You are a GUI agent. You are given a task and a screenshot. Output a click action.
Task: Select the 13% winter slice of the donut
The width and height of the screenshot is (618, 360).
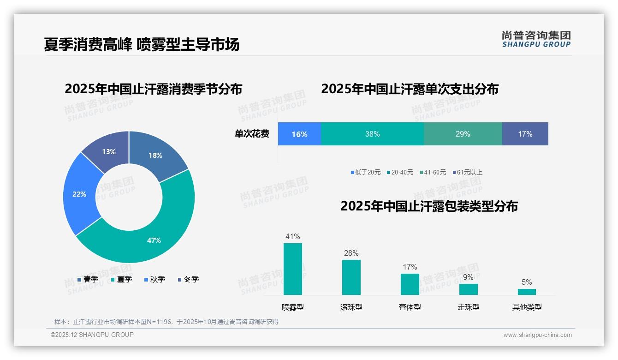tap(108, 151)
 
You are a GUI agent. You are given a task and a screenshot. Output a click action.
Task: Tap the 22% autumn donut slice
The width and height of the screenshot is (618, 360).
tap(79, 194)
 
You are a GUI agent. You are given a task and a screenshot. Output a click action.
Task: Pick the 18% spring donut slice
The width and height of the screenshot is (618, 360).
tap(155, 156)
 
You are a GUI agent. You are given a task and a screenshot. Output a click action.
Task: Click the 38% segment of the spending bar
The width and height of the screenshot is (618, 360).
tap(372, 134)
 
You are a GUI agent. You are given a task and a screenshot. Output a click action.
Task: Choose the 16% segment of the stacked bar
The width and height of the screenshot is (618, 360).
tap(299, 134)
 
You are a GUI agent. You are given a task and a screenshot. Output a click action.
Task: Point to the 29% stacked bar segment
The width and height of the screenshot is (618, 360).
tap(463, 134)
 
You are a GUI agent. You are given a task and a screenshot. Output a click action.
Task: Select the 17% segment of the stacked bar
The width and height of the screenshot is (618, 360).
tap(525, 134)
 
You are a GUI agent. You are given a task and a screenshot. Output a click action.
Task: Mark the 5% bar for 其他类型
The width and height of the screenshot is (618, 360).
tap(527, 292)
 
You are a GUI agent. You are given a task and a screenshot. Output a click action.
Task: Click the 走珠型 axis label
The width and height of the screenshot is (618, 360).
tap(468, 307)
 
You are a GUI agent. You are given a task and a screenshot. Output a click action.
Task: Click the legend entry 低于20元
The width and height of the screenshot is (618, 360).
tap(366, 172)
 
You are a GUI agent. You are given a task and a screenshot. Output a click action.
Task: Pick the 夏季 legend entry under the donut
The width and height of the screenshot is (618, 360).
tap(122, 279)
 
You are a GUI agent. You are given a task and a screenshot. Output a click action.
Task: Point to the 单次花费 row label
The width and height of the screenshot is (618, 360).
tap(252, 134)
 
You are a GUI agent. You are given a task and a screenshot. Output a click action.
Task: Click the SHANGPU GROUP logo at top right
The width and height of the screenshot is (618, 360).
tap(536, 39)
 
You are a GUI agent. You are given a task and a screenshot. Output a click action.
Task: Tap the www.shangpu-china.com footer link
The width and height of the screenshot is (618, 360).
tap(537, 335)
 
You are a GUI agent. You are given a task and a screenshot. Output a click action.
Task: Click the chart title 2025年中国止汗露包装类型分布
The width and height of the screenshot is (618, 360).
tap(429, 206)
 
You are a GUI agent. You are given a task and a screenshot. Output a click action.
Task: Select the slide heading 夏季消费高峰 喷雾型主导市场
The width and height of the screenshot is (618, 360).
tap(142, 44)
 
